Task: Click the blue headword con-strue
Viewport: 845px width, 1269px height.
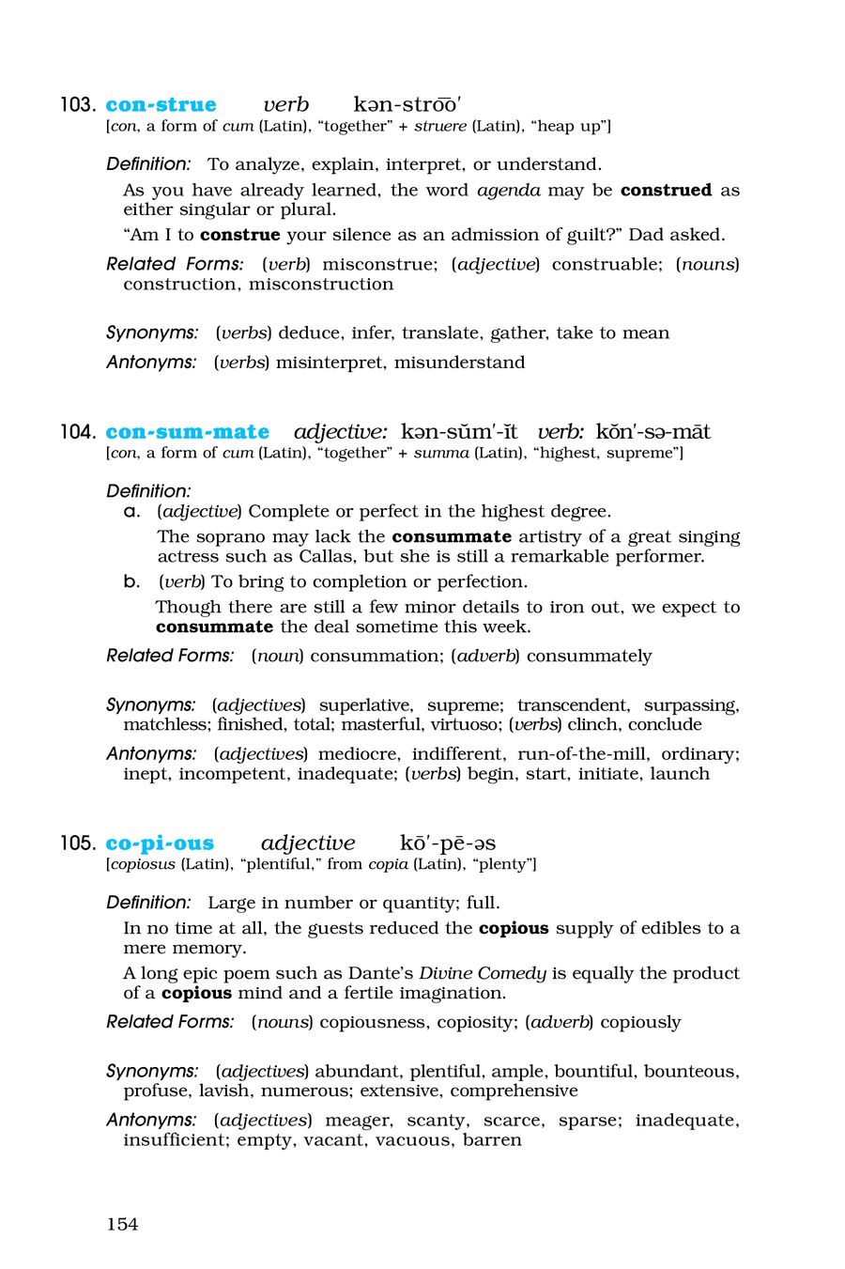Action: click(161, 104)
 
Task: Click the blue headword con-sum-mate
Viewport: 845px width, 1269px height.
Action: click(187, 431)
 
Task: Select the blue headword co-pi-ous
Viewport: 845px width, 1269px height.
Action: click(160, 843)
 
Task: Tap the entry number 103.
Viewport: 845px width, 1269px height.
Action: click(77, 104)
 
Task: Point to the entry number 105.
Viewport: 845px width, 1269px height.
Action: click(77, 843)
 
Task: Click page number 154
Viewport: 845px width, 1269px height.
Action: click(122, 1223)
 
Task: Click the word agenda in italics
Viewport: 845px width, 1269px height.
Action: click(509, 190)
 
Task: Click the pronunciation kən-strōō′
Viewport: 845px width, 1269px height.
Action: click(407, 104)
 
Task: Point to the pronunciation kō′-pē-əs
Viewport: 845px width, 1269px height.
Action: click(448, 843)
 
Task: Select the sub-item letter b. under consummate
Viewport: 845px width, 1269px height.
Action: click(131, 581)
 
